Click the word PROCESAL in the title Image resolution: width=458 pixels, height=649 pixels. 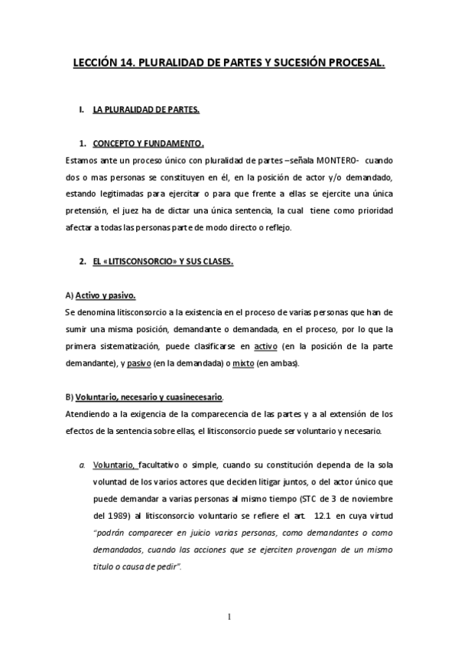[x=351, y=66]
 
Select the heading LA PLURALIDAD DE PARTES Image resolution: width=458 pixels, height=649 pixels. [x=146, y=110]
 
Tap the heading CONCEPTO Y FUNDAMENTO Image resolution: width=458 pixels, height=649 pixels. [x=148, y=143]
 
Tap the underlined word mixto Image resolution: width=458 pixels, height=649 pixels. [x=243, y=363]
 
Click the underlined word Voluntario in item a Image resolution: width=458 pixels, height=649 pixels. [x=114, y=464]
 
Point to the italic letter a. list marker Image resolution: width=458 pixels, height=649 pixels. [x=82, y=464]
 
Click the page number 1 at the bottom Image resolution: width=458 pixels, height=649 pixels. [x=229, y=616]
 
